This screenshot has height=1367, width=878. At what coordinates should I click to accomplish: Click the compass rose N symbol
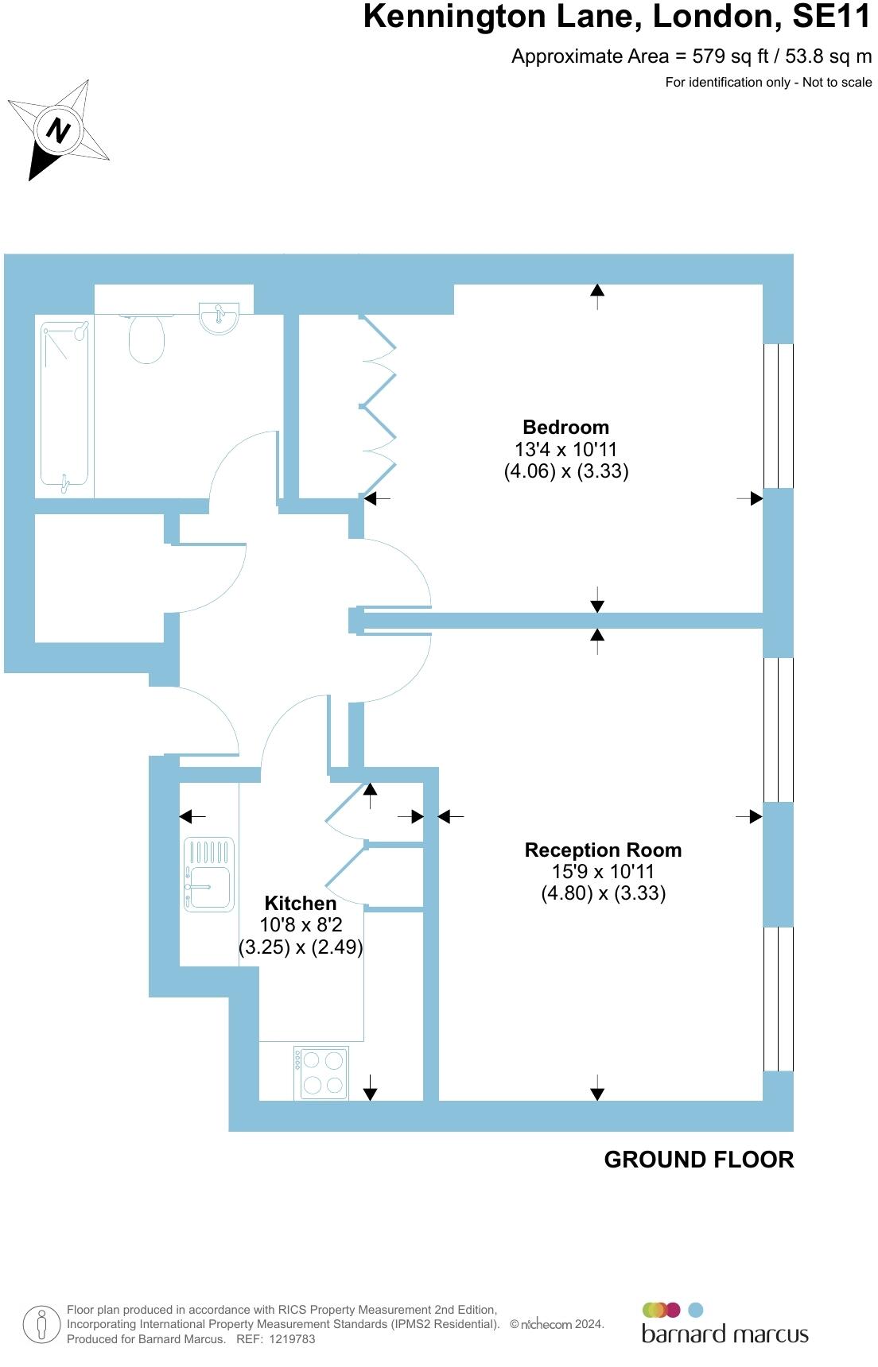pyautogui.click(x=58, y=130)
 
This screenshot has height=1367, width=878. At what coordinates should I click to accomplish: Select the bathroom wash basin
pyautogui.click(x=219, y=318)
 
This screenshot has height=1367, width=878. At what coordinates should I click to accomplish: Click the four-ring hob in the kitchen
pyautogui.click(x=321, y=1073)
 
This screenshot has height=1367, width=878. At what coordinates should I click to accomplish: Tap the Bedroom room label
pyautogui.click(x=565, y=427)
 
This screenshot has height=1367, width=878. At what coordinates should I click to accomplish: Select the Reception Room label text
pyautogui.click(x=603, y=850)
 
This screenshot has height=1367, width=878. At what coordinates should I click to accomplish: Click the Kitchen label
pyautogui.click(x=300, y=903)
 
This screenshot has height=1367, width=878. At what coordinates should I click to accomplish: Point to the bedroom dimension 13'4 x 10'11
pyautogui.click(x=565, y=449)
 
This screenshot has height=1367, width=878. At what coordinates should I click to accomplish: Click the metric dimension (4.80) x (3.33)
pyautogui.click(x=603, y=893)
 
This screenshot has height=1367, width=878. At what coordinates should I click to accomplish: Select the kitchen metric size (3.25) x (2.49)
pyautogui.click(x=301, y=947)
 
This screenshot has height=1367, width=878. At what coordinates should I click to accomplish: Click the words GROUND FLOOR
pyautogui.click(x=698, y=1160)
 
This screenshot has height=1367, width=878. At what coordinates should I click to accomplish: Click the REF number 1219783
pyautogui.click(x=292, y=1339)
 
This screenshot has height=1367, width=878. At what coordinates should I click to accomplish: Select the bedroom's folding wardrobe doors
pyautogui.click(x=379, y=406)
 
